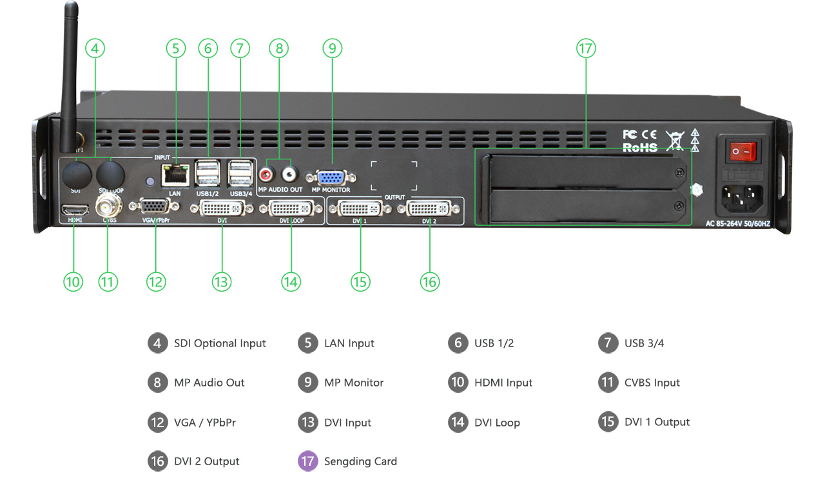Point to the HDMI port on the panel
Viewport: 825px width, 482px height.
click(x=74, y=210)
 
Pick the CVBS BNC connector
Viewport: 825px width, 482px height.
click(x=108, y=208)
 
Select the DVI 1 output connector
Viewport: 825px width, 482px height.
click(x=360, y=209)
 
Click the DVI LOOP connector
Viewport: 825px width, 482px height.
click(x=291, y=209)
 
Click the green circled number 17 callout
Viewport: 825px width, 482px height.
click(x=586, y=48)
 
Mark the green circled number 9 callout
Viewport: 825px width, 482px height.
click(x=332, y=48)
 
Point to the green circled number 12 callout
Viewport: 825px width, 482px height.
click(x=156, y=282)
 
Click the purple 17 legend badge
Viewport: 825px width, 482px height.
click(x=307, y=461)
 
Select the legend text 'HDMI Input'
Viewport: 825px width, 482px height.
click(x=503, y=383)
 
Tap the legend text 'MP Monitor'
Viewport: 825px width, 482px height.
click(x=354, y=383)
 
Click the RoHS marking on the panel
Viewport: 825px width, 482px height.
click(x=639, y=147)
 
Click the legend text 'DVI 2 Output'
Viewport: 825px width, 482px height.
click(x=206, y=461)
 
